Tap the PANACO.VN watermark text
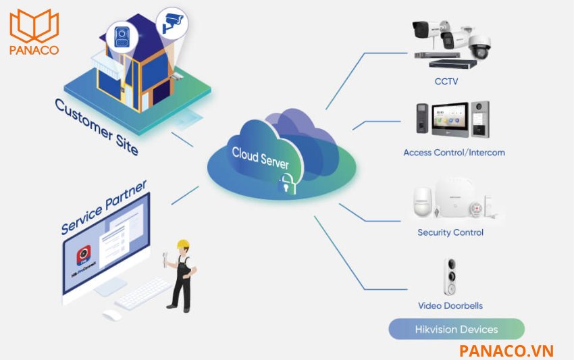[x=506, y=350]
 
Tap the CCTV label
[x=446, y=82]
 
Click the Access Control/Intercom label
[x=454, y=153]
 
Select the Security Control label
[x=450, y=232]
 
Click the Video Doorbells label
[x=450, y=305]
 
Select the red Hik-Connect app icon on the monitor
[x=82, y=255]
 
